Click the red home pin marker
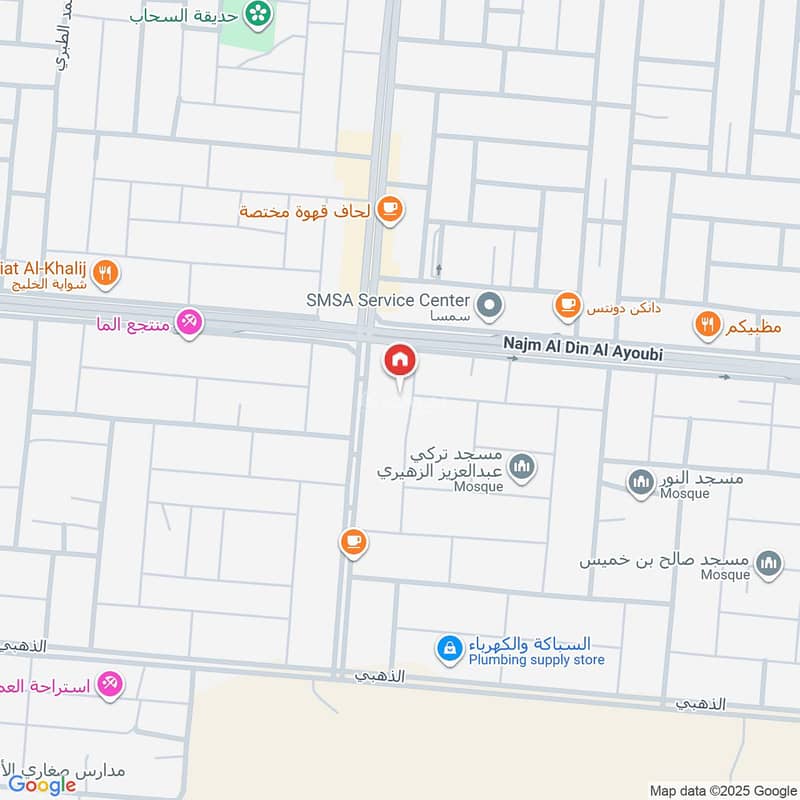(x=400, y=361)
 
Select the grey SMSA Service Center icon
(x=489, y=305)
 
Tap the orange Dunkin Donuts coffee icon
(x=568, y=304)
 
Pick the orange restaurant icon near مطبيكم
(x=708, y=324)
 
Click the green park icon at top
(x=260, y=14)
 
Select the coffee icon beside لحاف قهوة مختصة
(x=389, y=209)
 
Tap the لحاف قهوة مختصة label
(x=304, y=211)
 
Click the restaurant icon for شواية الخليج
(x=106, y=272)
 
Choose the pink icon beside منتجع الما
(x=188, y=322)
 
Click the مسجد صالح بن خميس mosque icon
(x=768, y=564)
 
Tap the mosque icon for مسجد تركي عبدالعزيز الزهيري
(x=521, y=466)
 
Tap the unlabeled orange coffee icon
(x=352, y=543)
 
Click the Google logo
(x=42, y=785)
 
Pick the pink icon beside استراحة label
(x=110, y=685)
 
